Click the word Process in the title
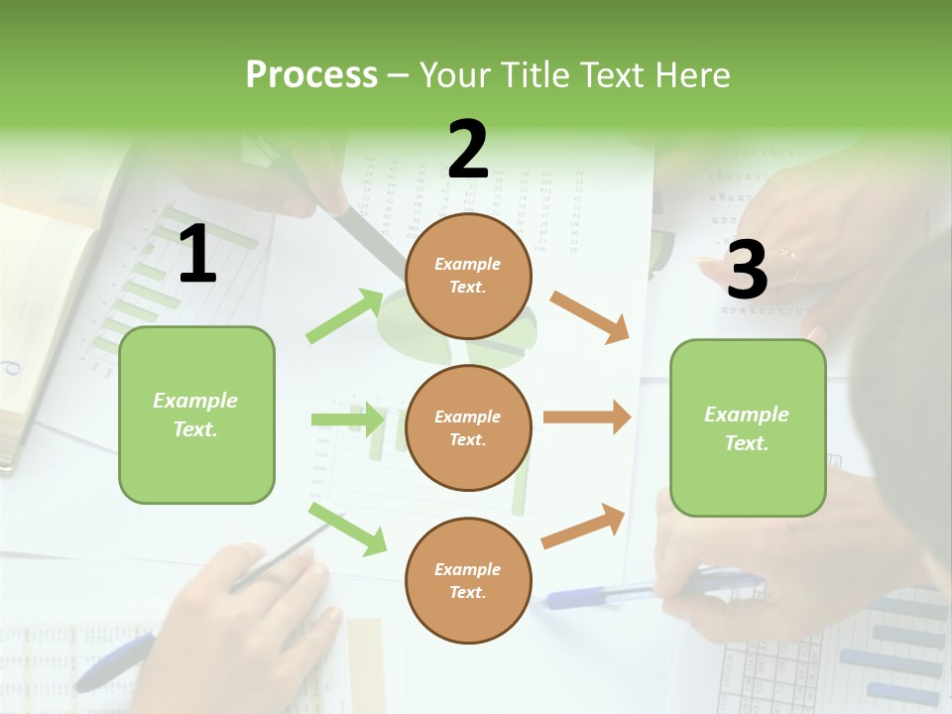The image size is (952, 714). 311,75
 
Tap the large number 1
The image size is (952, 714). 197,255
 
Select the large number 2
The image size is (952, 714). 468,150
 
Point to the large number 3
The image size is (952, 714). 747,270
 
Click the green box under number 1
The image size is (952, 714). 196,415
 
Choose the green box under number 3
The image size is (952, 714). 748,427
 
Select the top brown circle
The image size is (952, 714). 469,276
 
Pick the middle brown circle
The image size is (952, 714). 469,427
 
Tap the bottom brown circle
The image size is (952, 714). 469,580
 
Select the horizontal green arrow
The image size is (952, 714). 347,419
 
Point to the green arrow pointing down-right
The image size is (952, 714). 348,529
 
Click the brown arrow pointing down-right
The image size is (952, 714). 589,316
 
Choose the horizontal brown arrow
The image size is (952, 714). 586,417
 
